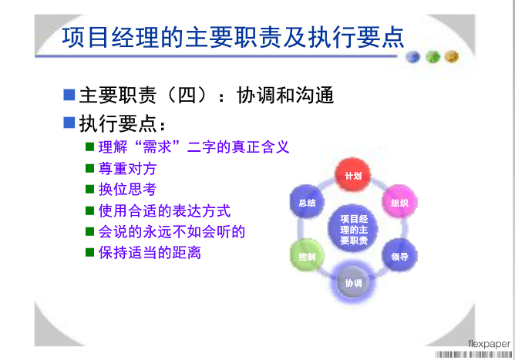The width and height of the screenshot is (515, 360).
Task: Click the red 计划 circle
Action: coord(353,175)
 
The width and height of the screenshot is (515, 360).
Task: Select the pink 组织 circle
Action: coord(399,202)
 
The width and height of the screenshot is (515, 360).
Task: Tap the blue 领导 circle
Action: coord(399,256)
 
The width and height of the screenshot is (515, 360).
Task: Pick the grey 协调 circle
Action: coord(353,282)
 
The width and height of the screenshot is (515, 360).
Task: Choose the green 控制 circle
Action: coord(307,256)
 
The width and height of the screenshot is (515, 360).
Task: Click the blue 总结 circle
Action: coord(307,202)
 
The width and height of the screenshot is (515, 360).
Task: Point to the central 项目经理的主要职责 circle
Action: coord(353,229)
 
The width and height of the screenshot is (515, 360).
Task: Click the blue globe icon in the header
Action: coord(413,57)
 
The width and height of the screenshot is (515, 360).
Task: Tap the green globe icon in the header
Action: coord(433,57)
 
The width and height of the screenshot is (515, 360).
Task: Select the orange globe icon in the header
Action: coord(452,56)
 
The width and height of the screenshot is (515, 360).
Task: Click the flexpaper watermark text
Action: coord(489,344)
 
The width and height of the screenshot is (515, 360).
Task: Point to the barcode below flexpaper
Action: coord(473,355)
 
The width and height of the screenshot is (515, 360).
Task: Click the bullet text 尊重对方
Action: coord(127,169)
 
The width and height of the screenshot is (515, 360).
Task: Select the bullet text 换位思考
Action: coord(127,189)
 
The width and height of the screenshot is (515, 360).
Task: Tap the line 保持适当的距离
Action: coord(150,253)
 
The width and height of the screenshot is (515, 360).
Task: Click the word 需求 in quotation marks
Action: coord(157,147)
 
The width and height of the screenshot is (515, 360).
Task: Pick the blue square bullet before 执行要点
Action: coord(69,123)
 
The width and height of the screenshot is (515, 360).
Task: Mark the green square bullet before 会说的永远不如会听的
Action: coord(89,231)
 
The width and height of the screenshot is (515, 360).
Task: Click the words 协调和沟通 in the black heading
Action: coord(285,96)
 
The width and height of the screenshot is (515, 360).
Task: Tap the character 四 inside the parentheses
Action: coord(187,96)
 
